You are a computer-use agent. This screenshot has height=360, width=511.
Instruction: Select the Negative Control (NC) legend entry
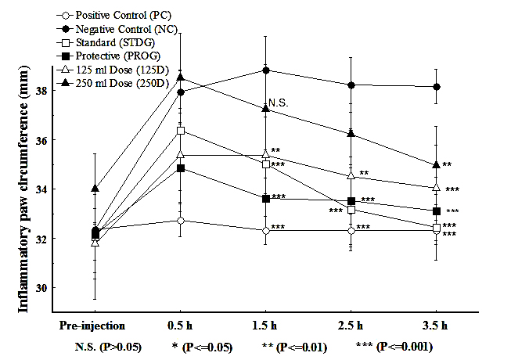[x=116, y=30]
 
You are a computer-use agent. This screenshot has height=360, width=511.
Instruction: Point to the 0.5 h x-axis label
[x=182, y=323]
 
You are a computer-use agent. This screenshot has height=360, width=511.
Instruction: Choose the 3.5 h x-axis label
[x=435, y=323]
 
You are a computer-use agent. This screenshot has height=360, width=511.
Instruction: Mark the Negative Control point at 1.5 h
[x=266, y=70]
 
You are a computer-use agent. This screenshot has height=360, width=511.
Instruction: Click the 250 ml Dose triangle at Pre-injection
[x=95, y=189]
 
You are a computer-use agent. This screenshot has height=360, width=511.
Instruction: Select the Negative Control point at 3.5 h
[x=435, y=87]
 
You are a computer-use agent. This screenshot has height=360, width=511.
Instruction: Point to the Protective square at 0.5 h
[x=181, y=168]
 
